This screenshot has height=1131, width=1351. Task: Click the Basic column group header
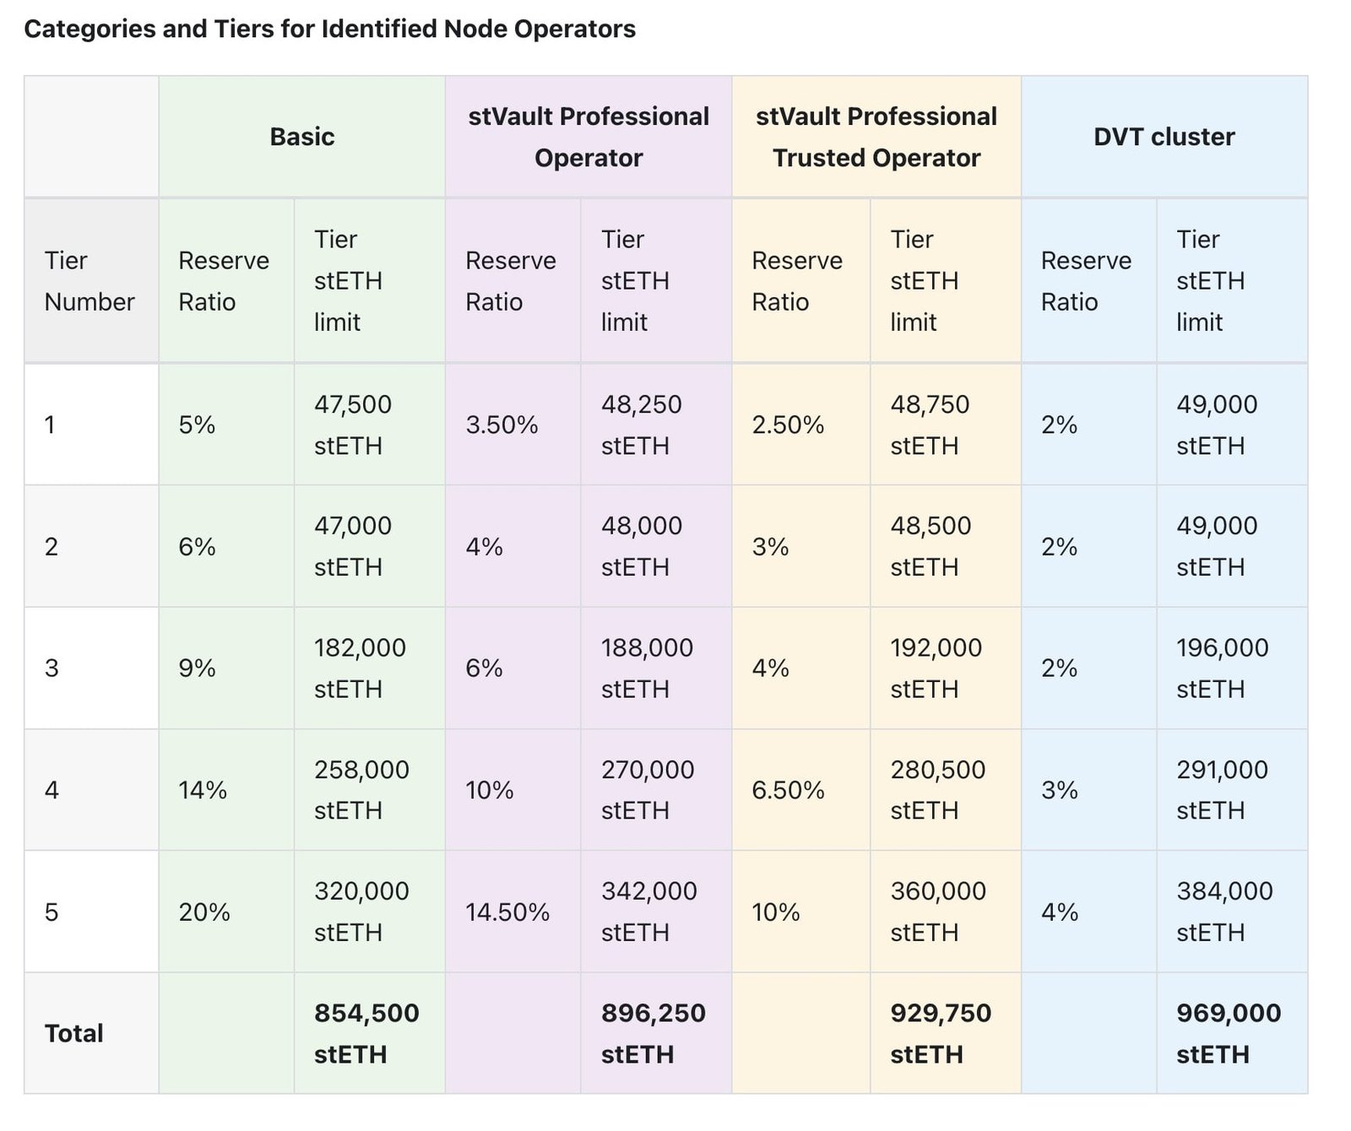pyautogui.click(x=301, y=137)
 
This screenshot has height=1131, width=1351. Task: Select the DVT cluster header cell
pyautogui.click(x=1164, y=137)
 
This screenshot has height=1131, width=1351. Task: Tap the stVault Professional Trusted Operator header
pyautogui.click(x=876, y=137)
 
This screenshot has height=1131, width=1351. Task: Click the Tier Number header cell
pyautogui.click(x=90, y=281)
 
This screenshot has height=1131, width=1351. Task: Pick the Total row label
pyautogui.click(x=74, y=1033)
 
